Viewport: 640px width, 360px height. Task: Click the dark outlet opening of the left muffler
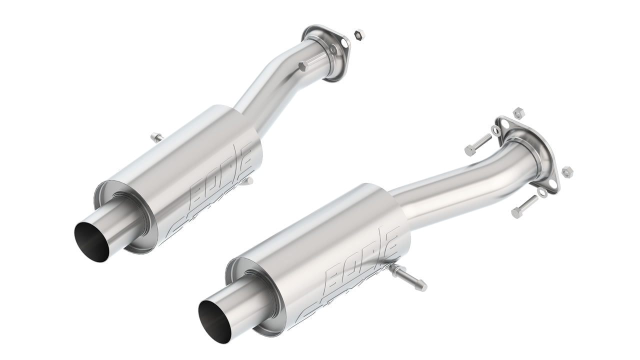coord(92,241)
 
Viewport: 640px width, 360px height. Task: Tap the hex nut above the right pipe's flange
coord(518,112)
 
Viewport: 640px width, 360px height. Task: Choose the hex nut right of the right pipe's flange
coord(567,172)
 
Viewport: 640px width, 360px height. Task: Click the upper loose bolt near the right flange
coord(477,144)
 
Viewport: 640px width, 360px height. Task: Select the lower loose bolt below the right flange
coord(524,206)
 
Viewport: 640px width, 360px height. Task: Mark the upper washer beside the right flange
coord(495,130)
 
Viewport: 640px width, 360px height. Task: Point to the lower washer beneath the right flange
coord(542,192)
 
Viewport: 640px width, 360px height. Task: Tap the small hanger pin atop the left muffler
coord(156,136)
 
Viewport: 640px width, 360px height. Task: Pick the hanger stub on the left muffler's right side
coord(247,181)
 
